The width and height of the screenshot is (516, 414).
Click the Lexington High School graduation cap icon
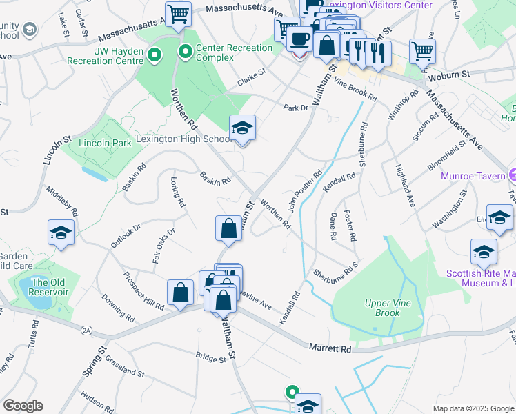242,128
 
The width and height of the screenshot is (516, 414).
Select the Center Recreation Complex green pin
185,51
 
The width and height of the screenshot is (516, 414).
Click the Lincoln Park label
105,143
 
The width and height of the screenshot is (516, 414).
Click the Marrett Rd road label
330,348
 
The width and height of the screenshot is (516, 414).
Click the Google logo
23,406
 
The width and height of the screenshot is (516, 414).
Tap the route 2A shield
86,331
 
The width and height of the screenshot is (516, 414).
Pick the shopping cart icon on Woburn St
422,50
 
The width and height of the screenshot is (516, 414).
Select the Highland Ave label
404,187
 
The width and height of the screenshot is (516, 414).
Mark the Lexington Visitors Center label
379,5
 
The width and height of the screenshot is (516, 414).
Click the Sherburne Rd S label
337,268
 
